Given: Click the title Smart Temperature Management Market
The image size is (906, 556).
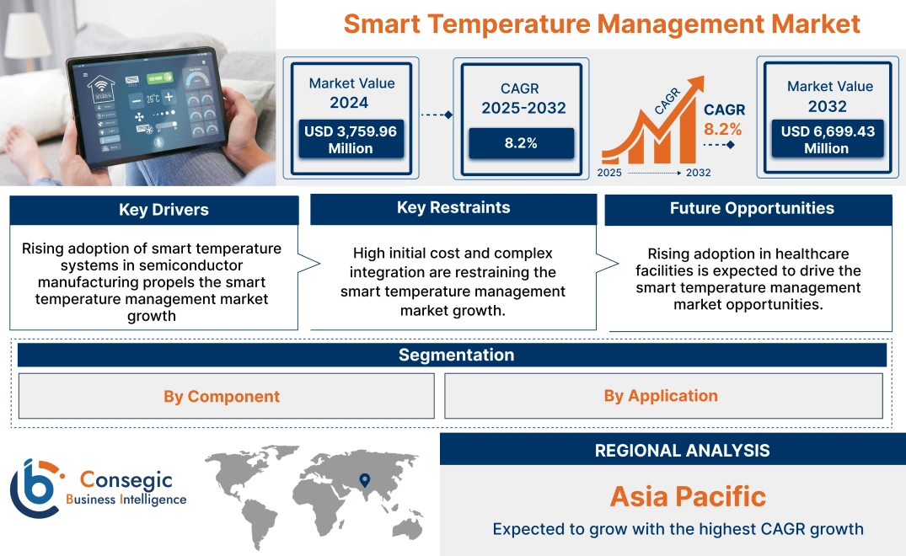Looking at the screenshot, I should (602, 24).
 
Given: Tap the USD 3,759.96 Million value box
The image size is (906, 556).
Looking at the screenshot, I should (350, 139).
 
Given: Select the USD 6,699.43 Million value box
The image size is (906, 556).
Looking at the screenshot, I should (827, 139).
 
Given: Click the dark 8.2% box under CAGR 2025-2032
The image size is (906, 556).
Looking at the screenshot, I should (521, 143).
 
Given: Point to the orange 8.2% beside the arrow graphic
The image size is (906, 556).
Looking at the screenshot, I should (722, 129).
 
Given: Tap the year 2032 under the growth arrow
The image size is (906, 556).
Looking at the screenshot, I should (698, 173).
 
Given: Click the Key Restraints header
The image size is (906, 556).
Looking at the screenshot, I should (453, 208).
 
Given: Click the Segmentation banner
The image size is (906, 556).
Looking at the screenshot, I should (456, 355).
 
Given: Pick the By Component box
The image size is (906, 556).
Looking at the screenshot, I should (222, 396).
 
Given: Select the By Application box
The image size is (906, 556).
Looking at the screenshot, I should (661, 395).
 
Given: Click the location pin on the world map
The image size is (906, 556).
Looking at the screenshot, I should (364, 479).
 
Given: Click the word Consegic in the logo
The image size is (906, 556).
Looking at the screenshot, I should (127, 481).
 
